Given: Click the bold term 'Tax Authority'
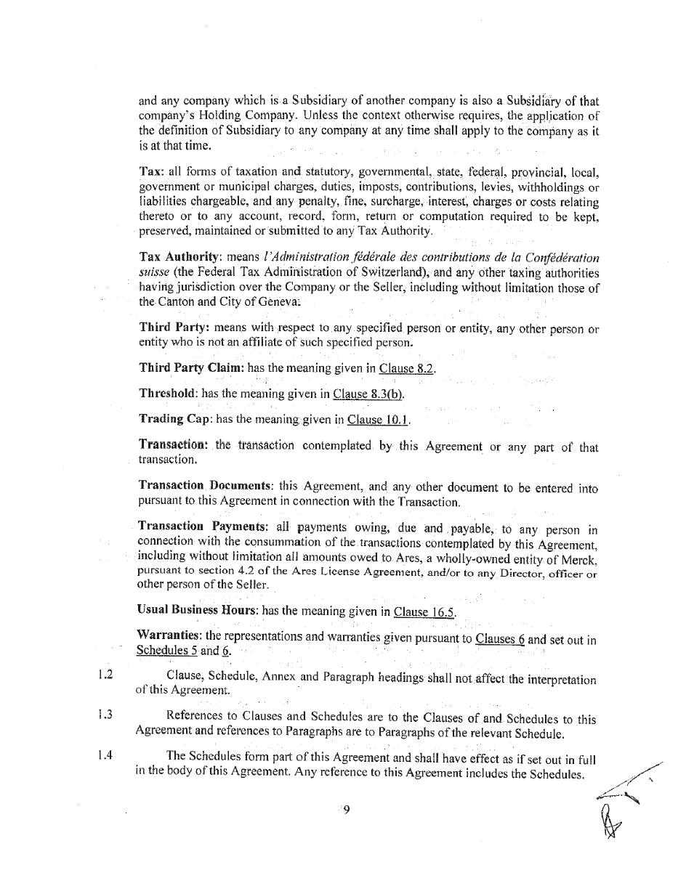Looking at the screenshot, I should click(x=178, y=258).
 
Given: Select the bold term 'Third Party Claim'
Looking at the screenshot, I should click(x=191, y=367).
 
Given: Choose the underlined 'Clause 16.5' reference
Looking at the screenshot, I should click(x=424, y=611).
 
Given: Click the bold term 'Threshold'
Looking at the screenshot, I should click(x=167, y=393).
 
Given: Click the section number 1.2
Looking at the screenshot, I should click(x=105, y=675).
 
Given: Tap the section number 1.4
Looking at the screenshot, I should click(x=105, y=754).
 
